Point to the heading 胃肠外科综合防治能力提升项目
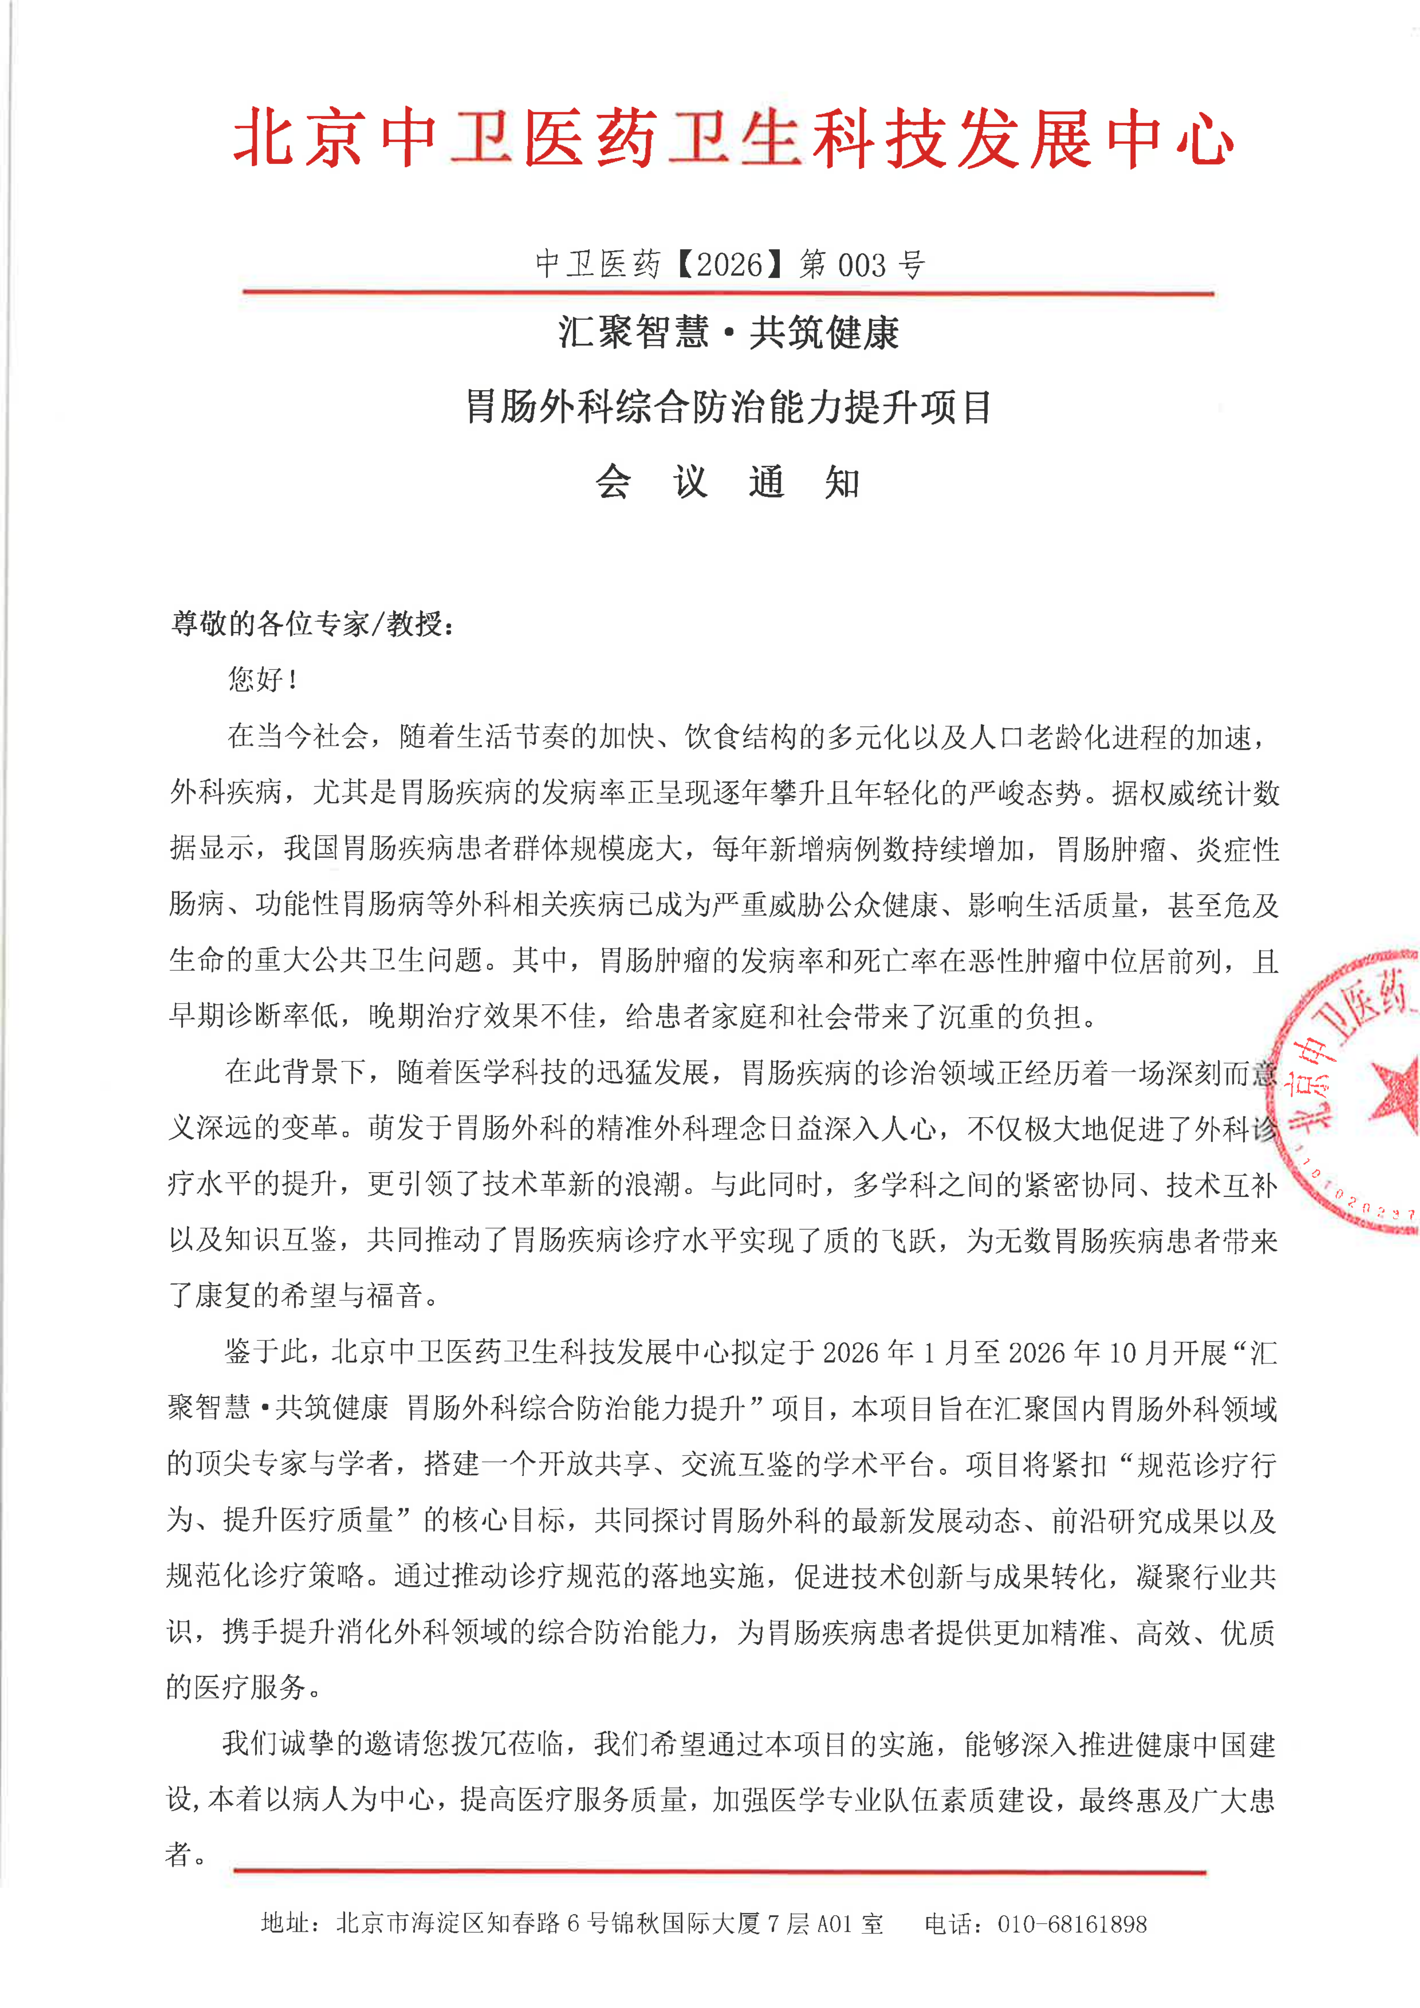728,408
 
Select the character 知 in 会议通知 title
842,482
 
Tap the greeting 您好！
262,679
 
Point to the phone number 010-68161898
1072,1924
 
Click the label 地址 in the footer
285,1924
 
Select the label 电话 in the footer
950,1924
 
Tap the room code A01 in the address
833,1924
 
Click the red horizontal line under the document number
728,292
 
